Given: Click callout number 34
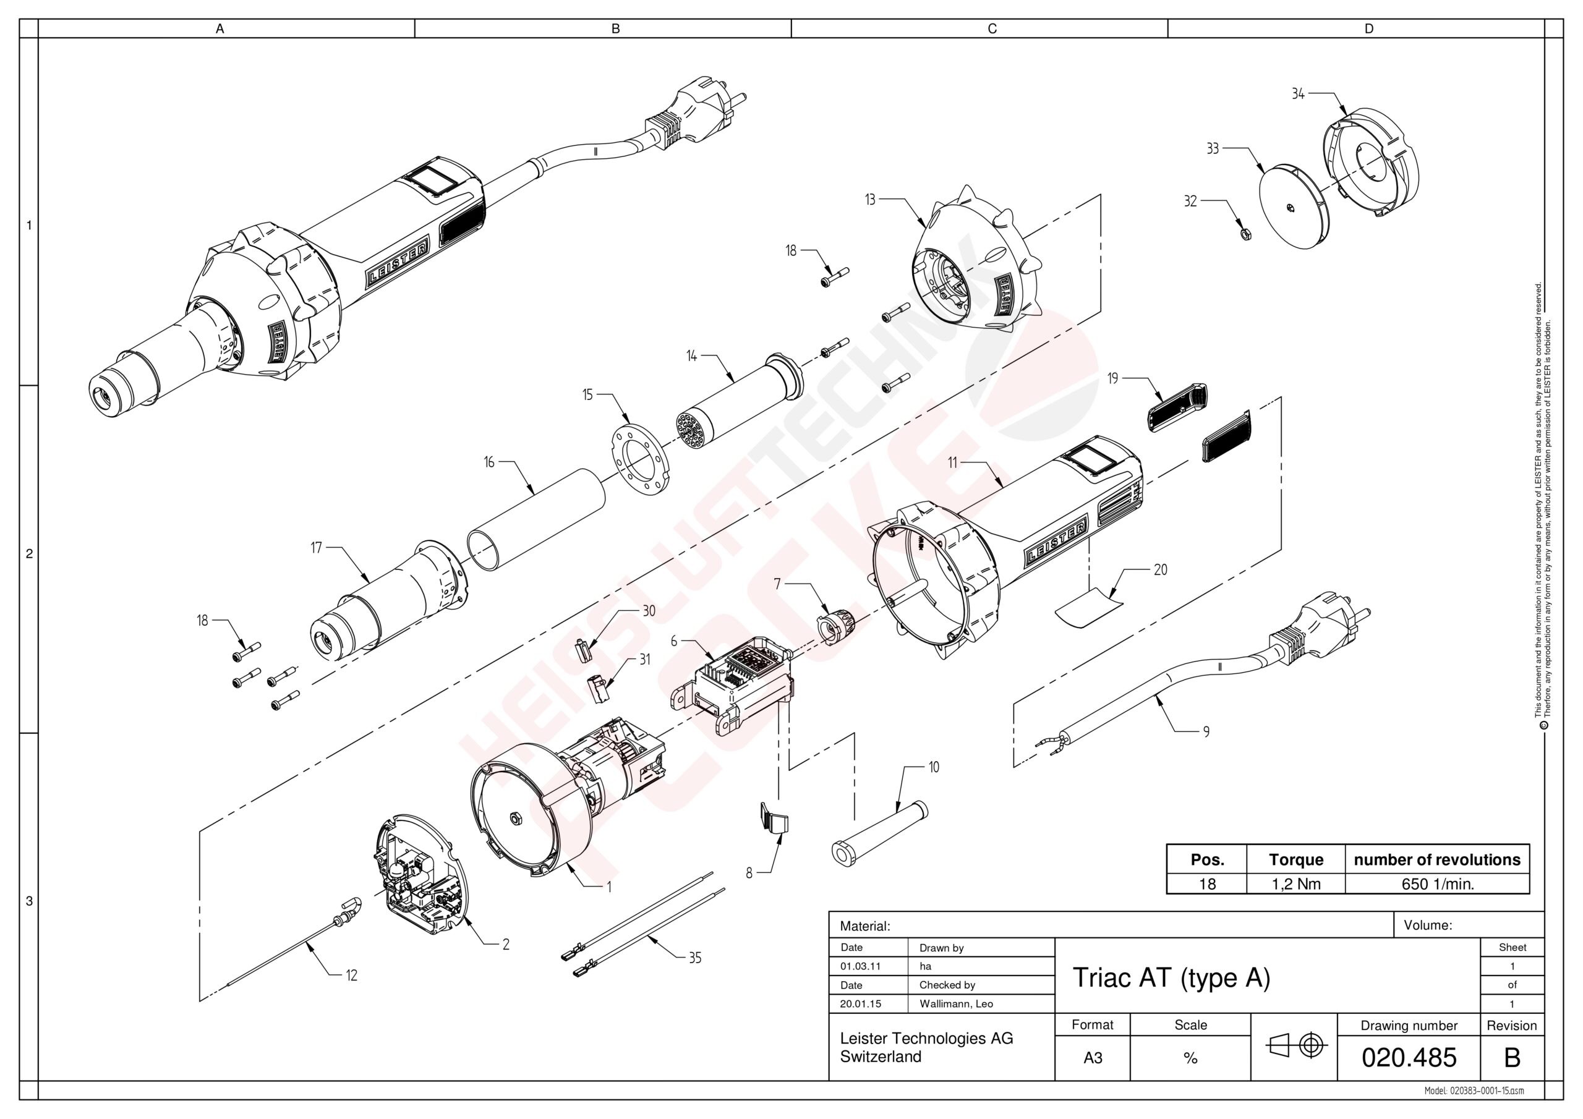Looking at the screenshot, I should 1297,94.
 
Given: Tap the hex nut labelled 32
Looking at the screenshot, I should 1246,234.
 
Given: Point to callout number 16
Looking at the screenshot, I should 489,462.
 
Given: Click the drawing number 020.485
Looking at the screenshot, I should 1409,1057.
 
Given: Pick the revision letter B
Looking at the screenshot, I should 1511,1057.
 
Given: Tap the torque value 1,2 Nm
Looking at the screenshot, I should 1295,884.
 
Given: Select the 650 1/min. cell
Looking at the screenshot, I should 1437,884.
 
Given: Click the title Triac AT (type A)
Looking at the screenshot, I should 1171,977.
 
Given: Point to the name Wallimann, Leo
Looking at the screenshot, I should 955,1004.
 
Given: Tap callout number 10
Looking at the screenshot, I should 934,767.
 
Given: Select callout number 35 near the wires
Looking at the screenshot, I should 694,958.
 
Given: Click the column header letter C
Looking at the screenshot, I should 991,29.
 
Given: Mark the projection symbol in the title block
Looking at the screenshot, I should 1294,1046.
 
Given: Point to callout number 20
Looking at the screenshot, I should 1161,569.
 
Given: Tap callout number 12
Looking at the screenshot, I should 352,976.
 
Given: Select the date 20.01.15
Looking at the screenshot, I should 860,1004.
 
